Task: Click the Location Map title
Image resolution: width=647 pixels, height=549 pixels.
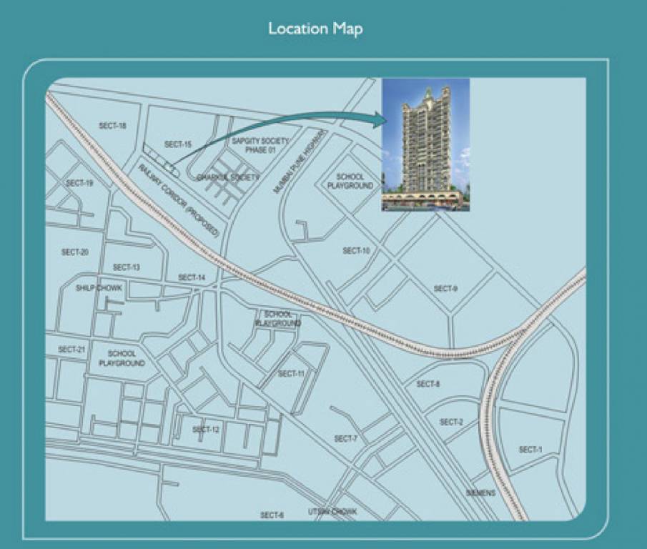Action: click(315, 29)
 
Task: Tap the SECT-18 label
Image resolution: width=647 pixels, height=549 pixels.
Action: click(112, 126)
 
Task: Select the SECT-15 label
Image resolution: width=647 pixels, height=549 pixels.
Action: click(178, 144)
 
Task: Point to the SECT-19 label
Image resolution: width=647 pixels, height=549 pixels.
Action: click(79, 184)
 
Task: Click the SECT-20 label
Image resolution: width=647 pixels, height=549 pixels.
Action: click(74, 252)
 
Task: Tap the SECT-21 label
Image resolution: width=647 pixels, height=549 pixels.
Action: click(72, 350)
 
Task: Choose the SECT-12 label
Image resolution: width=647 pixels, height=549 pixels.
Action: click(205, 430)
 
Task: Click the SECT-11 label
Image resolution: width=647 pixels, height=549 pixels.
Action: click(291, 374)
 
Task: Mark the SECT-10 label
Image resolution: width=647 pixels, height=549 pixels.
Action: click(356, 251)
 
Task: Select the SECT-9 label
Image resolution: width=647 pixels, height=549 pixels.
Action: click(445, 289)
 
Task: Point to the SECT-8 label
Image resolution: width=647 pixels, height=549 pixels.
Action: click(428, 385)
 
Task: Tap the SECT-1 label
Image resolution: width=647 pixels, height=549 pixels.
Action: click(530, 450)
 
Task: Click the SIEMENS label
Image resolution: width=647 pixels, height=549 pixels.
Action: click(480, 493)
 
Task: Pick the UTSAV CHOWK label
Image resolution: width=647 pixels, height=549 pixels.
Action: click(332, 512)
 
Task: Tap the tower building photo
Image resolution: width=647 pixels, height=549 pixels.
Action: click(426, 144)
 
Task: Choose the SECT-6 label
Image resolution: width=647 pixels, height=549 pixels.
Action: click(272, 515)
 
